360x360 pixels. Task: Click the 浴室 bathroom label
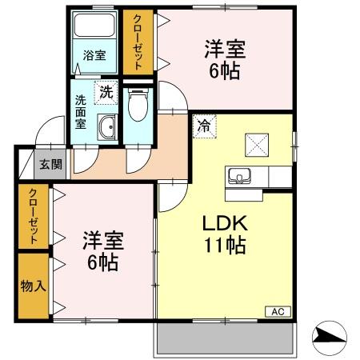pos(94,55)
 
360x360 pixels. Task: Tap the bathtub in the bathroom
pos(94,28)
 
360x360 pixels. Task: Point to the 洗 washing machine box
pos(106,92)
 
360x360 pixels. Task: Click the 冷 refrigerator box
pos(204,126)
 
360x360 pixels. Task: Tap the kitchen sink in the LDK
pos(238,175)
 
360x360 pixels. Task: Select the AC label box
pos(278,311)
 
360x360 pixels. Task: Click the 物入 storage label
pos(33,286)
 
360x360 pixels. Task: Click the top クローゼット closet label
pos(138,42)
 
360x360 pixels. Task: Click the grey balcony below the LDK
pos(226,339)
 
